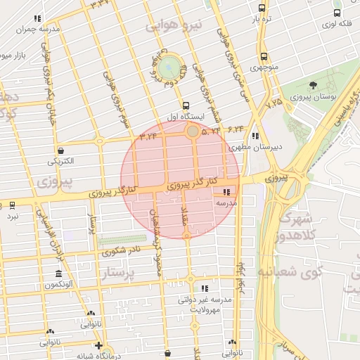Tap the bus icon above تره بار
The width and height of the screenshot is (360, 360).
tap(262, 8)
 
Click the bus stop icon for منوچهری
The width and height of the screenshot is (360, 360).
tap(264, 56)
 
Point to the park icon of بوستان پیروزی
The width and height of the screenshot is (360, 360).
tap(313, 86)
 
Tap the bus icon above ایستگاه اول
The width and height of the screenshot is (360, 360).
tap(176, 105)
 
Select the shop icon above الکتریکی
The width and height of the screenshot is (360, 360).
tap(61, 150)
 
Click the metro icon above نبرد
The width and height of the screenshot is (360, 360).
tap(13, 205)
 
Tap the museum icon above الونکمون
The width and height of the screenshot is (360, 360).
tap(58, 274)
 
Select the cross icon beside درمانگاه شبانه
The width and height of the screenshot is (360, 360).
tap(99, 346)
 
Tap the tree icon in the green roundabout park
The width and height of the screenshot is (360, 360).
tap(169, 68)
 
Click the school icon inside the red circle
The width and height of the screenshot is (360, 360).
tap(226, 192)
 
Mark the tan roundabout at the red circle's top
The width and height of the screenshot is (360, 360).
tap(192, 131)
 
